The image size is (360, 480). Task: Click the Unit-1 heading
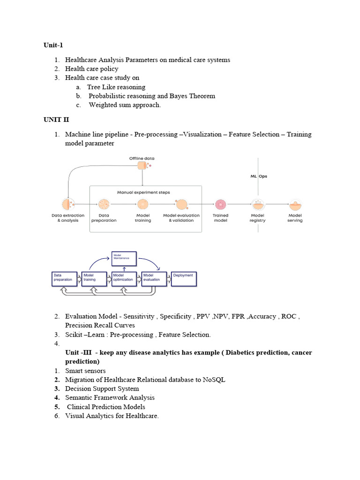coord(53,45)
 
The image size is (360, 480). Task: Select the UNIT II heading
coord(56,120)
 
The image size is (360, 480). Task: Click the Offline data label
coord(142,158)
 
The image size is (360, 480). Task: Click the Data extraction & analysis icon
coord(68,204)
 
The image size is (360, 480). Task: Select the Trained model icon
coord(220,204)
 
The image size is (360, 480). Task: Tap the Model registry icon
coord(257,204)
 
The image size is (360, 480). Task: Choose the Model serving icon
coord(295,204)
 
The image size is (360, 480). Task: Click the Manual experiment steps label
coord(143,192)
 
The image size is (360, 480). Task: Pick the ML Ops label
coord(258,176)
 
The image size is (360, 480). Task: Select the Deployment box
coord(184,279)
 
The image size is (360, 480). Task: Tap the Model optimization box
coord(124,279)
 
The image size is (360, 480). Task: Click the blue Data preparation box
coord(65,279)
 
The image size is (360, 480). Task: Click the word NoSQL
coord(214,380)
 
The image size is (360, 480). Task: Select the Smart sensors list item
coord(85,371)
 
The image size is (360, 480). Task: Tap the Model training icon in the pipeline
coord(143,204)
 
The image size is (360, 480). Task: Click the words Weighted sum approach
coord(125,105)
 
